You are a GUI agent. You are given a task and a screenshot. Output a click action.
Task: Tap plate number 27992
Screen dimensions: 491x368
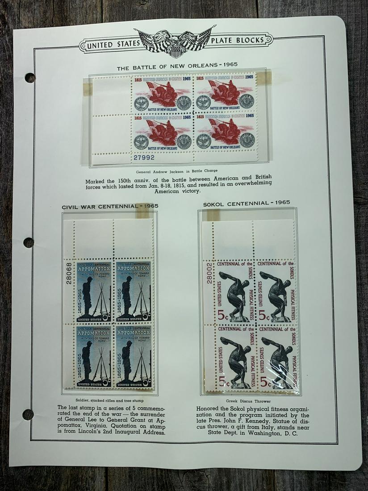(x=143, y=157)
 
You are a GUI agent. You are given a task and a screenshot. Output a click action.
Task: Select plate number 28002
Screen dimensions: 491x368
(x=209, y=273)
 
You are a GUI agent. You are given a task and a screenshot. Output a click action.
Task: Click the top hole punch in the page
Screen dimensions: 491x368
(x=30, y=78)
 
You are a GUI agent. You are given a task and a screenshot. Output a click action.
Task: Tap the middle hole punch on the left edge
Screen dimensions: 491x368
(x=29, y=242)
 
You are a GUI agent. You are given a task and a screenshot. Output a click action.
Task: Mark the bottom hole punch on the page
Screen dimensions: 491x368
(x=28, y=414)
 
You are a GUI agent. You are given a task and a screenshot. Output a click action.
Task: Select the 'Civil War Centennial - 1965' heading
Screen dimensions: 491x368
(x=110, y=206)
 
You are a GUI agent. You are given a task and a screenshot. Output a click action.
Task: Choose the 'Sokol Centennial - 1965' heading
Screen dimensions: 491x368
(x=247, y=203)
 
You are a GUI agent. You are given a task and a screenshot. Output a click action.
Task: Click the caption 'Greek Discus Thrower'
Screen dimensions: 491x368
(x=253, y=400)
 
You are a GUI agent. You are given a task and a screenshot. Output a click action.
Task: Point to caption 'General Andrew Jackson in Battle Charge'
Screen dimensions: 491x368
(x=177, y=171)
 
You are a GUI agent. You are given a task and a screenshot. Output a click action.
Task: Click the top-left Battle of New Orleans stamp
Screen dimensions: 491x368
(x=163, y=96)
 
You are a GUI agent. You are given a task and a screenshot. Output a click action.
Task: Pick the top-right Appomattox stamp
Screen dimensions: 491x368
(x=134, y=291)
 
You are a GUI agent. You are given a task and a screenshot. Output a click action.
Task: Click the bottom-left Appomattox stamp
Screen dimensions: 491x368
(x=94, y=356)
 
